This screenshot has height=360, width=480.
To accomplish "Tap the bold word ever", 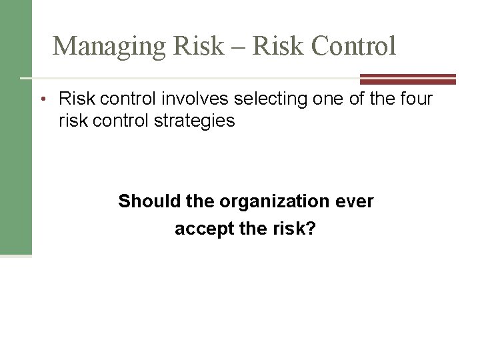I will click(357, 201).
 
